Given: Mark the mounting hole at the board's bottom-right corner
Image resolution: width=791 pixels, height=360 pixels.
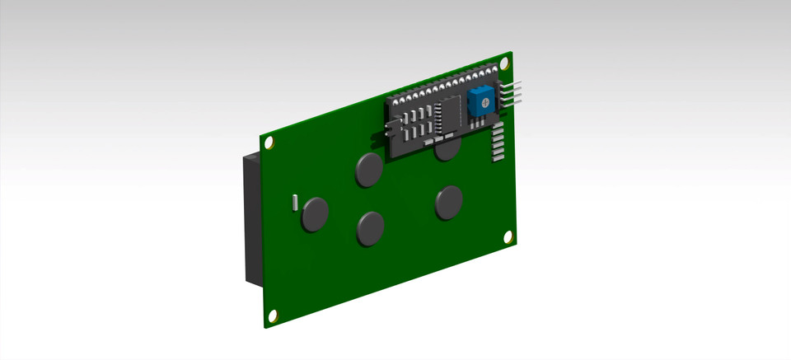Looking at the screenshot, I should coord(508,237).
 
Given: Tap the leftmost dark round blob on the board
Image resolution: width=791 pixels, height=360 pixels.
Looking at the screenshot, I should coord(315,213).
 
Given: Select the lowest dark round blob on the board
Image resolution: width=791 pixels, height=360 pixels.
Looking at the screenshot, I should coord(370,228).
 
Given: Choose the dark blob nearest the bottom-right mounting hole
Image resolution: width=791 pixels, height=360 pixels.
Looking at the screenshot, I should coord(448,202).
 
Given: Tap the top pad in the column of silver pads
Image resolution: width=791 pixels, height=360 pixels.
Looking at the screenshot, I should coord(497,128).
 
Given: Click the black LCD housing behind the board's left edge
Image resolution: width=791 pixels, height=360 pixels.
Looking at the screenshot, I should coord(250,222).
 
